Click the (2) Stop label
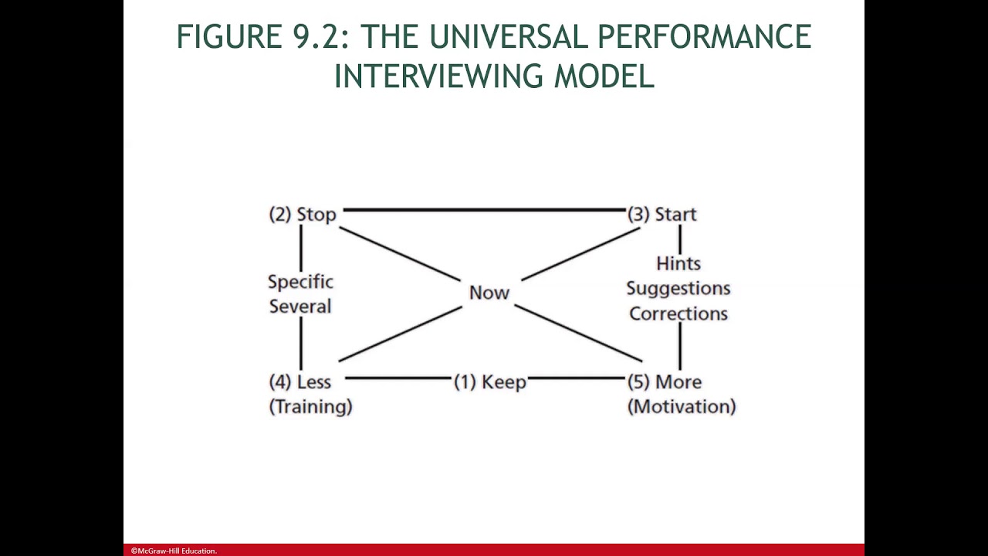tap(303, 215)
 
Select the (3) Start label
tap(662, 215)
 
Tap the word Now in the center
tap(489, 293)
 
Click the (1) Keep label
tap(490, 382)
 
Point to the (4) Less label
tap(300, 382)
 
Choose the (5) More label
tap(665, 382)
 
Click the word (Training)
tap(310, 407)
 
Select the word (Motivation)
tap(682, 407)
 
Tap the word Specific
tap(300, 282)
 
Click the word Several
tap(300, 307)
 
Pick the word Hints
tap(678, 264)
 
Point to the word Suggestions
tap(678, 289)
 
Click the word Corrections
tap(678, 314)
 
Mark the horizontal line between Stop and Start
tap(483, 209)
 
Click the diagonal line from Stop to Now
tap(399, 254)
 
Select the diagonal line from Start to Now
tap(580, 254)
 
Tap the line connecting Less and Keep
tap(398, 378)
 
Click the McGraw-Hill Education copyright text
tap(174, 551)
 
